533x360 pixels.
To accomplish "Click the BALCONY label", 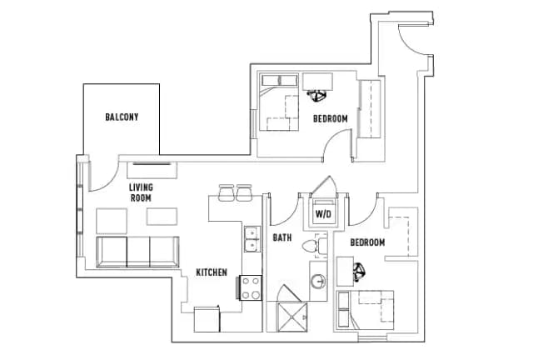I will [122, 117].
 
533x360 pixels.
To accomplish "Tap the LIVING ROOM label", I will [140, 192].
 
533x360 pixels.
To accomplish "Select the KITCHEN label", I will [212, 272].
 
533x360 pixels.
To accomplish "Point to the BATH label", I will [282, 238].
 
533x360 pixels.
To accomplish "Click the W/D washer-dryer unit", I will [321, 212].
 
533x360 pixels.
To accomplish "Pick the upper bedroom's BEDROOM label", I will [330, 119].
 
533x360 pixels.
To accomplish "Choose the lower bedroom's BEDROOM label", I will [367, 242].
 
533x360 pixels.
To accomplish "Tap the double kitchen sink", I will [252, 238].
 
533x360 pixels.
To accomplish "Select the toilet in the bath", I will [312, 247].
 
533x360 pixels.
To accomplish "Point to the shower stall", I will [292, 312].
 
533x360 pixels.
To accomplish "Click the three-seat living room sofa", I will [137, 251].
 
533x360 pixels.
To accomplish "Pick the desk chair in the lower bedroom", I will [359, 269].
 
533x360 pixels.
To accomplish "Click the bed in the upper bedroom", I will [280, 103].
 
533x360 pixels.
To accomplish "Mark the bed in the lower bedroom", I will [366, 309].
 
